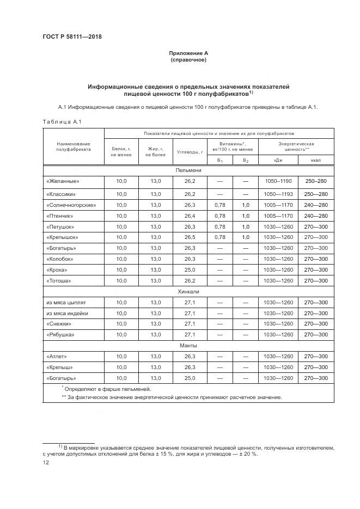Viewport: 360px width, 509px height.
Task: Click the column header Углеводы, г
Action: coord(190,152)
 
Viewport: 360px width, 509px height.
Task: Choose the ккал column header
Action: coord(316,161)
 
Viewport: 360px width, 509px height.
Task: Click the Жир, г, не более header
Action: coord(155,152)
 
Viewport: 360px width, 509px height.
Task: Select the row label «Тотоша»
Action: coord(59,281)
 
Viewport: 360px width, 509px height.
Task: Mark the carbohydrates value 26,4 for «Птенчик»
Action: coord(190,216)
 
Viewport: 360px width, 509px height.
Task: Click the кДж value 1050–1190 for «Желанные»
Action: coord(278,181)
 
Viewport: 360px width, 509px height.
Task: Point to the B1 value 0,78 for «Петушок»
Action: coord(219,227)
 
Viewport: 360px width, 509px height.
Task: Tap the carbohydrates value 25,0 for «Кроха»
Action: coord(190,270)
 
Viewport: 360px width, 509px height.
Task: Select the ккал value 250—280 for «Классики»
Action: coord(316,194)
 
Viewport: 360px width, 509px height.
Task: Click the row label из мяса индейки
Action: coord(67,314)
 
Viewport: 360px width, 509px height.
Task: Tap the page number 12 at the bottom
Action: coord(46,462)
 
